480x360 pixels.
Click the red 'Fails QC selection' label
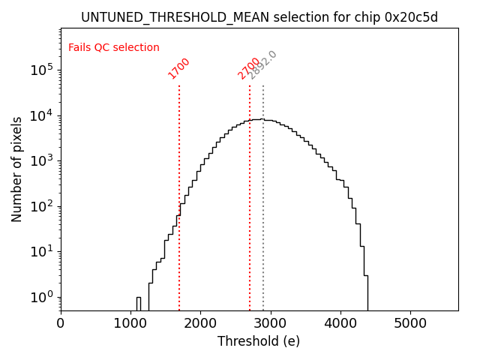tap(114, 48)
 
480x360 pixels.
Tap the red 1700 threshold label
tap(178, 68)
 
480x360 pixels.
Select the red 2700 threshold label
tap(249, 68)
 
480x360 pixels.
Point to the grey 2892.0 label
tap(262, 65)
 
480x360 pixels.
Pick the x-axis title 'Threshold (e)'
tap(259, 341)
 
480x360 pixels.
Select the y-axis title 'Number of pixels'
tap(16, 169)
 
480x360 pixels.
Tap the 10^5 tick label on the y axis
tap(41, 70)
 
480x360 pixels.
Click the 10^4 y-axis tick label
tap(41, 115)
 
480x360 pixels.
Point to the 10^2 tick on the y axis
tap(41, 206)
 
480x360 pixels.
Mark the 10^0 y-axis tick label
tap(41, 297)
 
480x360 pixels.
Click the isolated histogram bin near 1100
tap(139, 303)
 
